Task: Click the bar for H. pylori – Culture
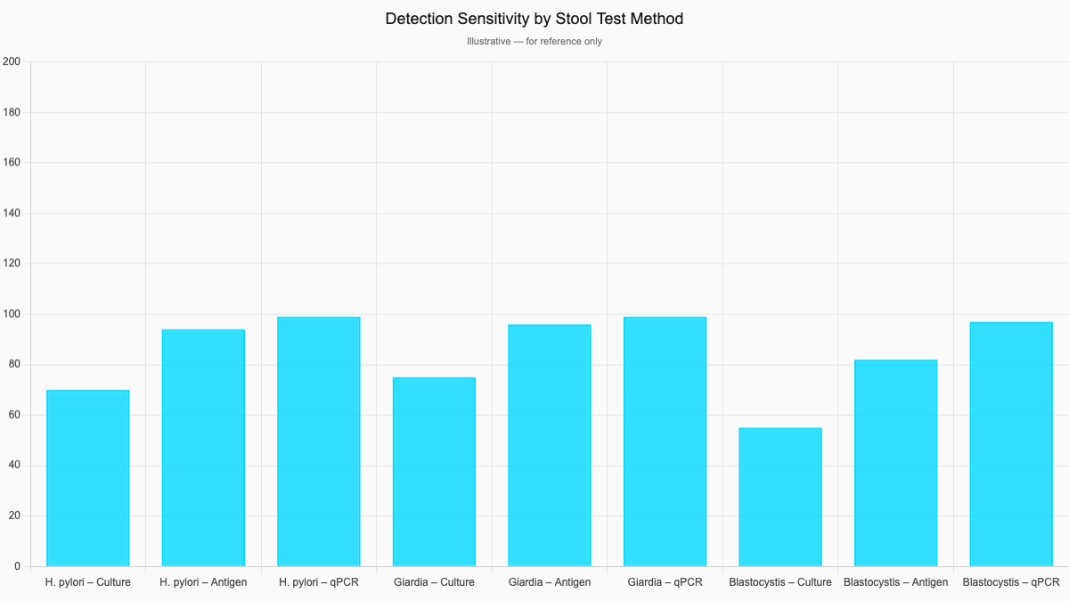point(87,478)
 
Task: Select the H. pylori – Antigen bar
point(203,448)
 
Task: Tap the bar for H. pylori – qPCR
point(319,442)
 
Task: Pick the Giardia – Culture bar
point(434,472)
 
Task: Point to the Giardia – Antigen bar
point(550,445)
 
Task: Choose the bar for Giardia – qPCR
point(665,442)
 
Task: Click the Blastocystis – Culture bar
point(780,497)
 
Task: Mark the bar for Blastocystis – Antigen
point(895,463)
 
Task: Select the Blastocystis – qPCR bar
point(1011,444)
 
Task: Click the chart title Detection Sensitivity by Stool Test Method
point(534,19)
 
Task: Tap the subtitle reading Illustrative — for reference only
point(534,42)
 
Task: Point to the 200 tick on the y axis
point(12,61)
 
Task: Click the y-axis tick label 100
point(12,314)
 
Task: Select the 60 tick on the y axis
point(14,415)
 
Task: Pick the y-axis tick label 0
point(17,566)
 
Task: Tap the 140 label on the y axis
point(12,214)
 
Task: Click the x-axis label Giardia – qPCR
point(665,582)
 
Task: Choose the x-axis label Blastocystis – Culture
point(780,582)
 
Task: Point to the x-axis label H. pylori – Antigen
point(203,582)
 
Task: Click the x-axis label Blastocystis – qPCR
point(1011,582)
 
